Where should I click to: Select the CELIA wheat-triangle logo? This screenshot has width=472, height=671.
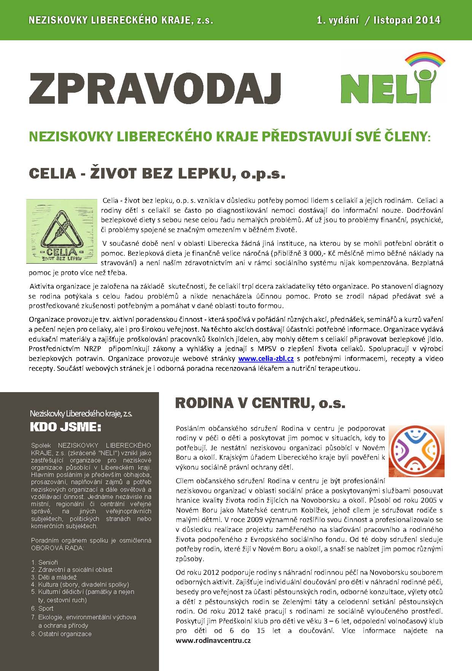point(62,231)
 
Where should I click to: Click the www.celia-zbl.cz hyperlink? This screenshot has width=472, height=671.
point(266,358)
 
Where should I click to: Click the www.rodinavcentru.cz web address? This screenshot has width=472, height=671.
point(213,640)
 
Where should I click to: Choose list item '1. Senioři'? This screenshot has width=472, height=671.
point(44,562)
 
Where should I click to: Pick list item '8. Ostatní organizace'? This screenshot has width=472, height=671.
point(61,634)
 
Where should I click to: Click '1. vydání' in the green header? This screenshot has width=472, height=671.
point(338,20)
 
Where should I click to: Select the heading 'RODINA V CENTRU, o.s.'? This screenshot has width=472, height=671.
point(260,403)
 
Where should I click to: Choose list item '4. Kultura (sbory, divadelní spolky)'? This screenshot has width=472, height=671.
point(80,584)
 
